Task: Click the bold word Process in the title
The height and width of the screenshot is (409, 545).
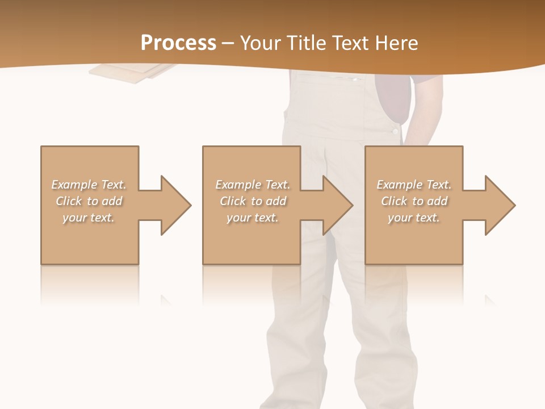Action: point(178,43)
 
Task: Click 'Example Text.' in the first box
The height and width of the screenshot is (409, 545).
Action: point(89,185)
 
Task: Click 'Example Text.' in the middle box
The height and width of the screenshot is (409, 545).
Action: point(253,185)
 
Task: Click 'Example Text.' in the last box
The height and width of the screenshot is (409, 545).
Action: point(414,185)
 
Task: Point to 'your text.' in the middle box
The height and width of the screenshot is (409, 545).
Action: point(252,218)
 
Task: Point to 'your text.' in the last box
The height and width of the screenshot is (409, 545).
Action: point(413,218)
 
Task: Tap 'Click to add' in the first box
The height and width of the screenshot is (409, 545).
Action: point(89,201)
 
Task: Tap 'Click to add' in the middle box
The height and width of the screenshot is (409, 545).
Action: point(253,201)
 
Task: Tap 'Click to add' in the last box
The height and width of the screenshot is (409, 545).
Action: point(414,201)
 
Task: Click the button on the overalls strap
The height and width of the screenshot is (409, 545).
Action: point(395,131)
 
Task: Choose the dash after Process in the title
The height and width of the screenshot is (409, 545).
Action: point(228,43)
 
